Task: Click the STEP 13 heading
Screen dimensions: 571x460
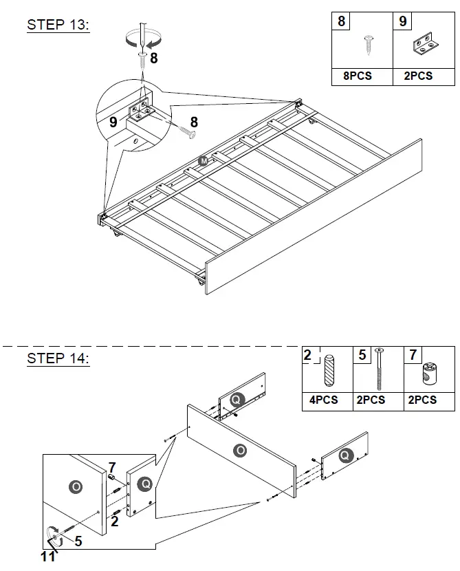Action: tap(58, 25)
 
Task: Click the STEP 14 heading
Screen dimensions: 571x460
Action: tap(58, 358)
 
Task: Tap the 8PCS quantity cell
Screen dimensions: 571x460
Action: tap(357, 76)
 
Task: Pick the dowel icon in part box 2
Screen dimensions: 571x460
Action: tap(328, 373)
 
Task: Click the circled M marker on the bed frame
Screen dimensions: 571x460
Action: tap(204, 160)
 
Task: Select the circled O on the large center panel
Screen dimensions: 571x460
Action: tap(240, 451)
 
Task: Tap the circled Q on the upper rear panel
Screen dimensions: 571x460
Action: tap(237, 399)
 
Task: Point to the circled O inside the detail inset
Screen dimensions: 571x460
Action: tap(76, 487)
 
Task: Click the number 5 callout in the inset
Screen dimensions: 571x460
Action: tap(78, 541)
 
